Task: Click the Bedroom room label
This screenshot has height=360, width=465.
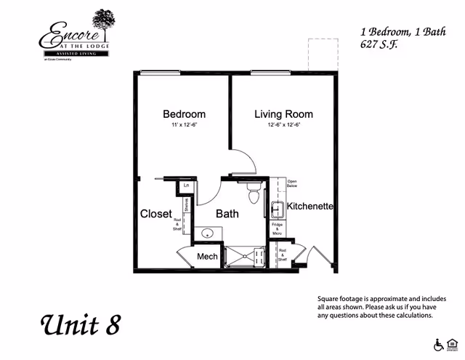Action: coord(184,114)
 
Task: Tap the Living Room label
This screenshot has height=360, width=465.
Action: coord(283,114)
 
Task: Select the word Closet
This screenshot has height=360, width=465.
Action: coord(155,215)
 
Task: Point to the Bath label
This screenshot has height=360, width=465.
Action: coord(227,215)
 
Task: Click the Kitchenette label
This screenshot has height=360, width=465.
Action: coord(310,207)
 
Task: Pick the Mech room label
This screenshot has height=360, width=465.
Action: coord(207,257)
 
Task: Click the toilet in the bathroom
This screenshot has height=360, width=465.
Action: coord(254,196)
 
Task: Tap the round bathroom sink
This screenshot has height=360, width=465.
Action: coord(207,234)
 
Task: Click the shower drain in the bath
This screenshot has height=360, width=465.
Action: coord(245,256)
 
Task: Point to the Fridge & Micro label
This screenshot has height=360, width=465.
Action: coord(278,228)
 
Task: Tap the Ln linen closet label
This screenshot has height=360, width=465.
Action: coord(187,186)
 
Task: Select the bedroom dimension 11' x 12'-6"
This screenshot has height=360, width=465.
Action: coord(184,125)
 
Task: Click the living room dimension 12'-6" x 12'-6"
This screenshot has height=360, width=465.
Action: coord(283,125)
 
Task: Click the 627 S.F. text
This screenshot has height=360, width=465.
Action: coord(380,44)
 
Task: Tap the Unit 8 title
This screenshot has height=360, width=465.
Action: coord(79,324)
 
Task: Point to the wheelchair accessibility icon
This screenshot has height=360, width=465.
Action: coord(438,345)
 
